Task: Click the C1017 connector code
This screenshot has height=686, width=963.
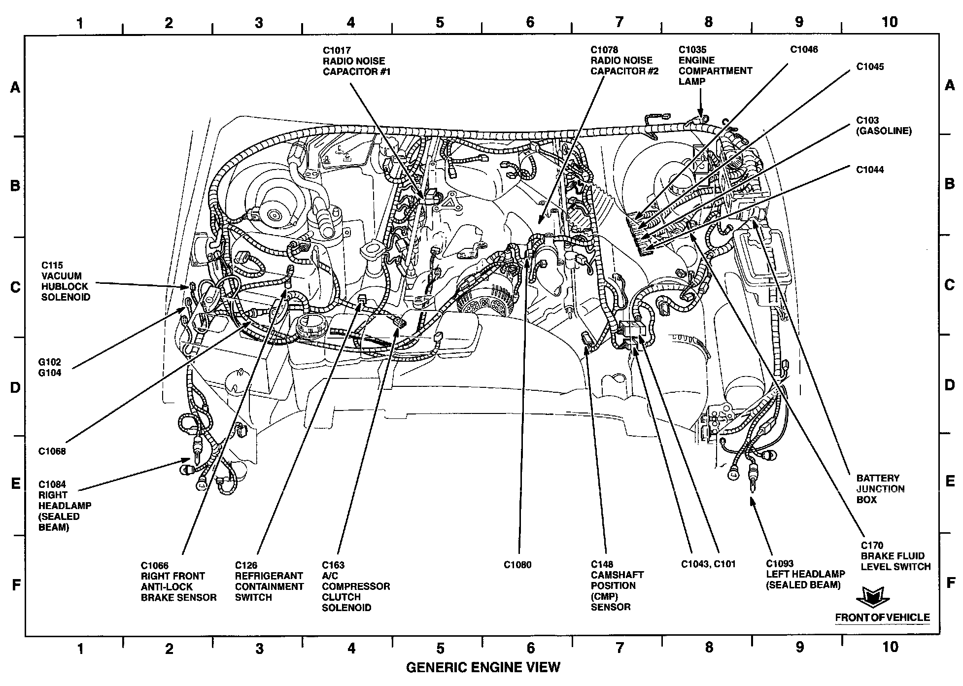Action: (337, 50)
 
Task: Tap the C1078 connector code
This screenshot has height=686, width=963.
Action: (605, 50)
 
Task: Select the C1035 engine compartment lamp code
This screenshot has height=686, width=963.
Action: (692, 49)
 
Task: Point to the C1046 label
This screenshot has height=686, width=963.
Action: (804, 49)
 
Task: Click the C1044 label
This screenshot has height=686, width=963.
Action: (870, 170)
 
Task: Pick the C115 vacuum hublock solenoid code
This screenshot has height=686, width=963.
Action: (52, 266)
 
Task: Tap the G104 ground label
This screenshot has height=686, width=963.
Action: (50, 373)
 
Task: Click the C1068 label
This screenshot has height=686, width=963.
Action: (52, 451)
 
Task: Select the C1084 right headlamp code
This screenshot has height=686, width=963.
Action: (52, 484)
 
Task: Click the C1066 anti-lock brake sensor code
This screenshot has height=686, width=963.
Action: (155, 565)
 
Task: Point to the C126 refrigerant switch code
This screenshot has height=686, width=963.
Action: (246, 565)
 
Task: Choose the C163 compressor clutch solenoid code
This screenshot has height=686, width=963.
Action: (333, 565)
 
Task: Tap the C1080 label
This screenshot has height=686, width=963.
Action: (517, 565)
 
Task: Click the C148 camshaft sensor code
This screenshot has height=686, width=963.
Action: (602, 565)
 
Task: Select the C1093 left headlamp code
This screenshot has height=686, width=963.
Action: (780, 564)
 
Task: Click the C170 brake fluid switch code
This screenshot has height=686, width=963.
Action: (871, 546)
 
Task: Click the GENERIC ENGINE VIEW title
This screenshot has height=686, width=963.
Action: (483, 667)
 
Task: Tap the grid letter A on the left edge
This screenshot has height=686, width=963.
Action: (16, 88)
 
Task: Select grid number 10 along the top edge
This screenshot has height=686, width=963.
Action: (890, 22)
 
